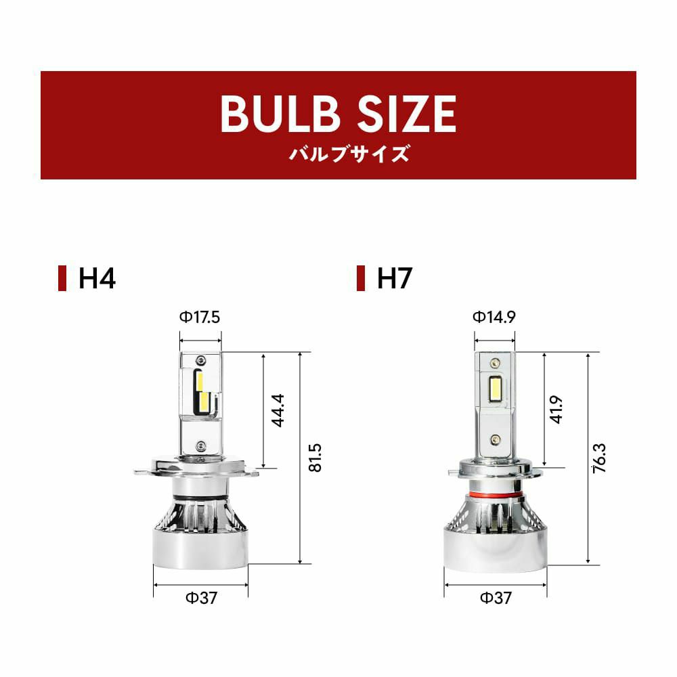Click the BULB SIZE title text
click(x=338, y=114)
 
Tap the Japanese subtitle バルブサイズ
click(x=349, y=154)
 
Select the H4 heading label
click(x=97, y=278)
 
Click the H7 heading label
click(x=395, y=278)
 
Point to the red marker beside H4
click(x=62, y=278)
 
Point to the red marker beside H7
click(x=361, y=278)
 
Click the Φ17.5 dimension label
click(x=200, y=318)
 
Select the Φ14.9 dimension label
click(x=494, y=317)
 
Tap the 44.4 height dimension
click(x=278, y=410)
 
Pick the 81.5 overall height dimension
click(x=315, y=458)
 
